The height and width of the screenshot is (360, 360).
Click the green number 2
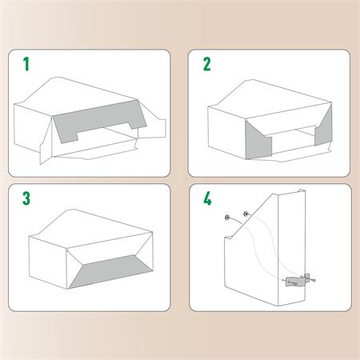(x=206, y=64)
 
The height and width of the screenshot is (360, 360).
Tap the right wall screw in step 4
(x=246, y=214)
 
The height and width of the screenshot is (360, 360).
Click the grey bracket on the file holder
(x=294, y=281)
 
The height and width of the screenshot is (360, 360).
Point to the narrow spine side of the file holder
(x=298, y=240)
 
